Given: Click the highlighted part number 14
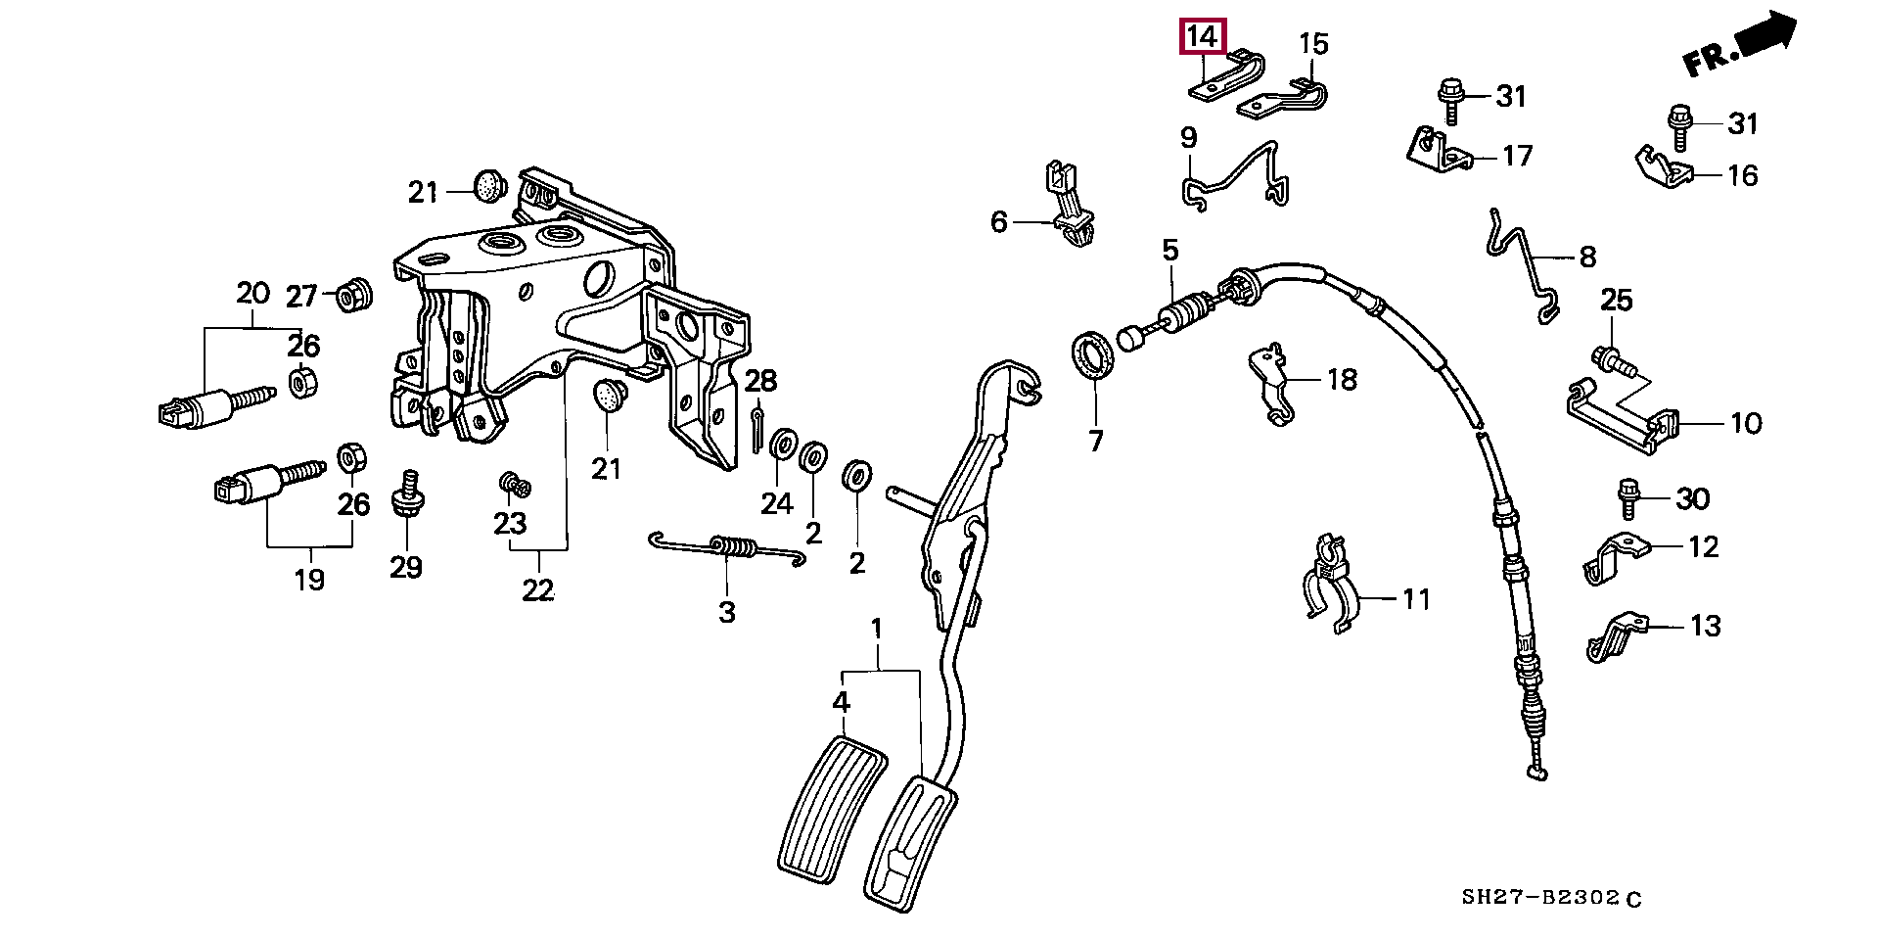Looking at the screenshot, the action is [1203, 38].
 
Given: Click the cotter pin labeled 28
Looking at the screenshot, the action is [758, 429].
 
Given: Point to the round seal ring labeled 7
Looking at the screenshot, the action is [1092, 354].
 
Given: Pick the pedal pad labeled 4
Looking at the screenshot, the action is [832, 809].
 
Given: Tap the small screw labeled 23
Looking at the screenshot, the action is [514, 483].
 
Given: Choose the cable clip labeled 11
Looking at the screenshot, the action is [1327, 584].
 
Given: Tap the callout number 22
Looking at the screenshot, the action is [538, 590].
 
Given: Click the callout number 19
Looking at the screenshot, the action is [309, 580].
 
